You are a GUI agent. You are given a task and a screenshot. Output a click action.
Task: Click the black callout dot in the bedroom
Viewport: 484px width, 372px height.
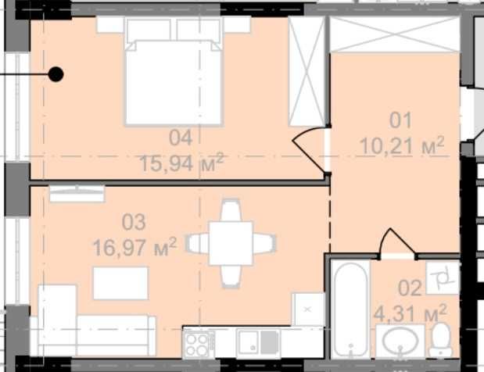tap(56, 74)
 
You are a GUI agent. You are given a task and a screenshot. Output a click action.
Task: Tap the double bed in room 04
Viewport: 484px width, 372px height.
tap(174, 72)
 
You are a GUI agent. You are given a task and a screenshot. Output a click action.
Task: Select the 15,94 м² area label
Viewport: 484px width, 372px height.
tap(181, 163)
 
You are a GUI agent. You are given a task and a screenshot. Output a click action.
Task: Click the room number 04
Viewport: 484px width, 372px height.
tap(181, 138)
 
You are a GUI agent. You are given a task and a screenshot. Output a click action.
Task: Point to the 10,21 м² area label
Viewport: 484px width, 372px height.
tap(402, 145)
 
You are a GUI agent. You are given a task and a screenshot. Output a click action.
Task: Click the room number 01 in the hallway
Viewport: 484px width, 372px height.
tap(400, 120)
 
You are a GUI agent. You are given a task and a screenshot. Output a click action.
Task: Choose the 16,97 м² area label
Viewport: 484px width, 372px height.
tap(135, 247)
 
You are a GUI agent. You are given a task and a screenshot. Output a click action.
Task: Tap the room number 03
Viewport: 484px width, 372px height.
tap(134, 222)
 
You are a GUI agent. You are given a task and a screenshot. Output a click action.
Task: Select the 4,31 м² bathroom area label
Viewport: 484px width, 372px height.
tap(411, 313)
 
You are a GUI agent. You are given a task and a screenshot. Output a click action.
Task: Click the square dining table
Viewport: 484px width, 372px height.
tap(231, 243)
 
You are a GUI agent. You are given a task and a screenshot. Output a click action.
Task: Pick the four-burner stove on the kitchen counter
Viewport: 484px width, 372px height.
tap(198, 344)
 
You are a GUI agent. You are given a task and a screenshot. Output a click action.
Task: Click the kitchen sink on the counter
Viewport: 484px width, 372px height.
tap(258, 342)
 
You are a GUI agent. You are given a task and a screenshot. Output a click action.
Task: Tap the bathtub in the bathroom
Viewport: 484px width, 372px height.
tap(350, 309)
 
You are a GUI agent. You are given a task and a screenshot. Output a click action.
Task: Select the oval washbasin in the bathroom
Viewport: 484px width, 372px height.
tap(400, 341)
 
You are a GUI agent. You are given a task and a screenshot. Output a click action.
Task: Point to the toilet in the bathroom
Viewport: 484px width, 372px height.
tap(441, 340)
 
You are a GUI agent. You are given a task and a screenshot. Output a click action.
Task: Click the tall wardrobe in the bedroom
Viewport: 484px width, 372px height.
tap(307, 71)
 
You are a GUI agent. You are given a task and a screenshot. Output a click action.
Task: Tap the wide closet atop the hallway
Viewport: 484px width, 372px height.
tap(395, 34)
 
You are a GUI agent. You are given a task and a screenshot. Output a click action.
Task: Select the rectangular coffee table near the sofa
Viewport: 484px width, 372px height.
tap(120, 283)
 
